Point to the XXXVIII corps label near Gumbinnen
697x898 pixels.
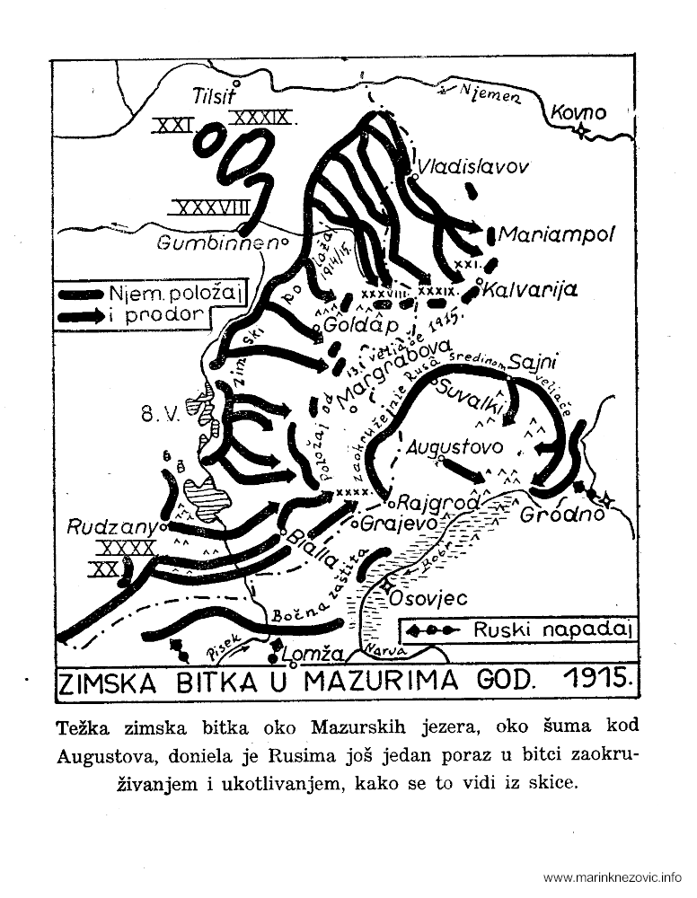207,208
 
